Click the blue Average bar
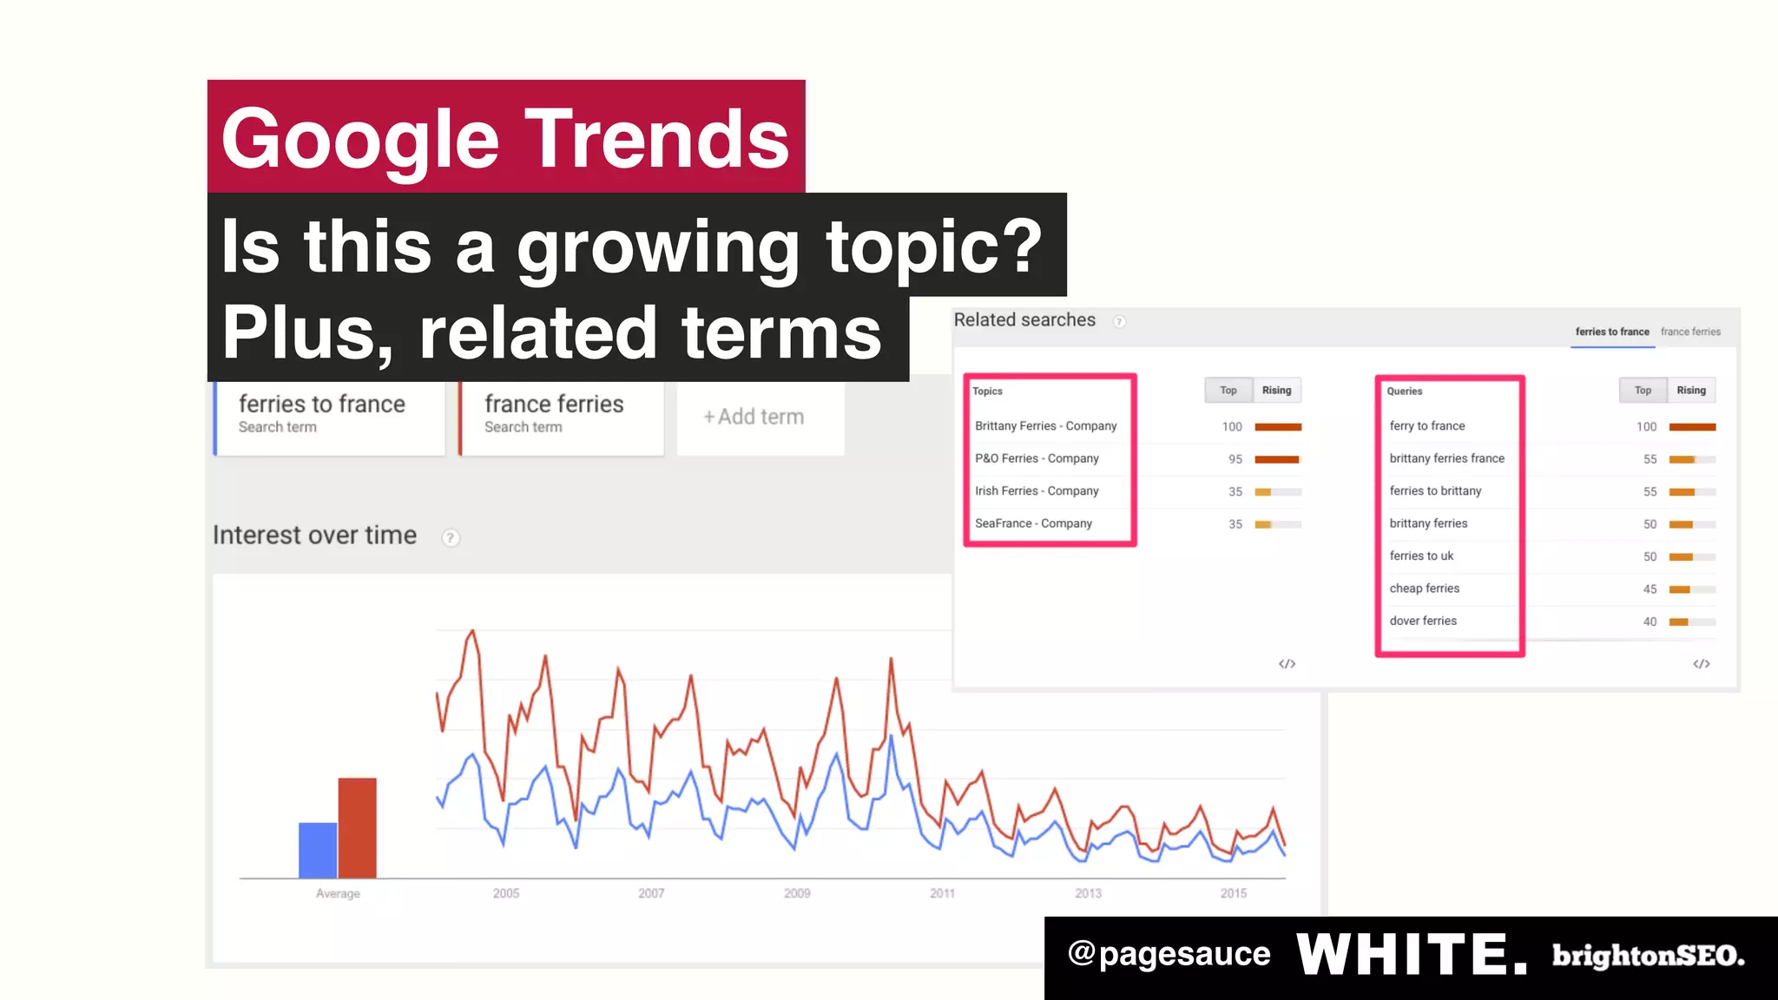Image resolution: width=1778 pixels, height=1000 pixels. pyautogui.click(x=318, y=850)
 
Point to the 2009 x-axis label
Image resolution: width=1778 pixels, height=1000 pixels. pyautogui.click(x=796, y=893)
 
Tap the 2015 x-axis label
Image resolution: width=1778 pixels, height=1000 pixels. pyautogui.click(x=1233, y=893)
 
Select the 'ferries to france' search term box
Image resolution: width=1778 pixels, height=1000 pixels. pyautogui.click(x=330, y=414)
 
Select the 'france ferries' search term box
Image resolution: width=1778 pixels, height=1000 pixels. pyautogui.click(x=561, y=414)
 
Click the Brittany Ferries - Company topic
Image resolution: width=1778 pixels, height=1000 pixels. pyautogui.click(x=1045, y=426)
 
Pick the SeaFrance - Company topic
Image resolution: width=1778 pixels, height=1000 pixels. pyautogui.click(x=1033, y=523)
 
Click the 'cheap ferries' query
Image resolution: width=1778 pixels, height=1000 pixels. pyautogui.click(x=1424, y=589)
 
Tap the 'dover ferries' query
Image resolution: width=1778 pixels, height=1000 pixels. pyautogui.click(x=1423, y=621)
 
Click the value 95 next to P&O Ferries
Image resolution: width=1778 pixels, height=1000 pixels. pyautogui.click(x=1235, y=459)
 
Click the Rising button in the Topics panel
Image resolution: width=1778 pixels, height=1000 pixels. pyautogui.click(x=1276, y=391)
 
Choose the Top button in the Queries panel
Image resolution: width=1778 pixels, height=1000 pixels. pyautogui.click(x=1643, y=391)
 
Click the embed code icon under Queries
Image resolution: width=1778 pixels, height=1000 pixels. pyautogui.click(x=1701, y=664)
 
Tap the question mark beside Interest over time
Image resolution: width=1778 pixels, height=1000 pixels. pyautogui.click(x=450, y=537)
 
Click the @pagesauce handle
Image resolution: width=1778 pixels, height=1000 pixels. pyautogui.click(x=1169, y=954)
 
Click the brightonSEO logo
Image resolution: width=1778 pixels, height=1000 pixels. pyautogui.click(x=1648, y=956)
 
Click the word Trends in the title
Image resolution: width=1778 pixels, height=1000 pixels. pyautogui.click(x=657, y=138)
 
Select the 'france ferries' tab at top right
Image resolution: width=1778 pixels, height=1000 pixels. pyautogui.click(x=1689, y=332)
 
